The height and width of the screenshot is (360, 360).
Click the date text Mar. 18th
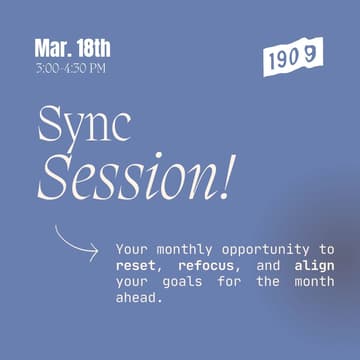(x=72, y=47)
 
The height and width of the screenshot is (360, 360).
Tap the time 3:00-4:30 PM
(x=70, y=68)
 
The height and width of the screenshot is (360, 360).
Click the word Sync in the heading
(x=84, y=126)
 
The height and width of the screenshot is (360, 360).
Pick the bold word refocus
(x=206, y=267)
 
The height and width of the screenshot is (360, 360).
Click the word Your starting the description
(x=132, y=249)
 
